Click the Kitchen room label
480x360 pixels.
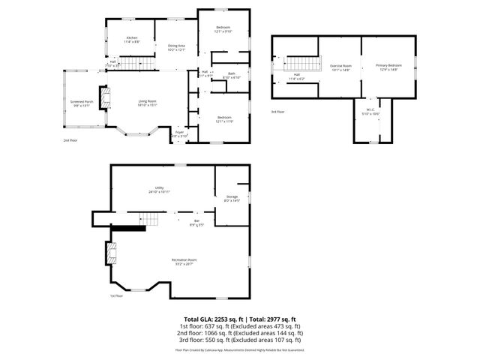(x=132, y=39)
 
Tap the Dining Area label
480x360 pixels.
(x=176, y=48)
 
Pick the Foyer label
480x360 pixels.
(x=179, y=134)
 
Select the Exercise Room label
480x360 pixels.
(x=341, y=67)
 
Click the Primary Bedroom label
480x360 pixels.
(x=388, y=67)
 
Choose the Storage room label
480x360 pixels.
(x=232, y=198)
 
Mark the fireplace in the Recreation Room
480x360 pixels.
(x=112, y=253)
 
